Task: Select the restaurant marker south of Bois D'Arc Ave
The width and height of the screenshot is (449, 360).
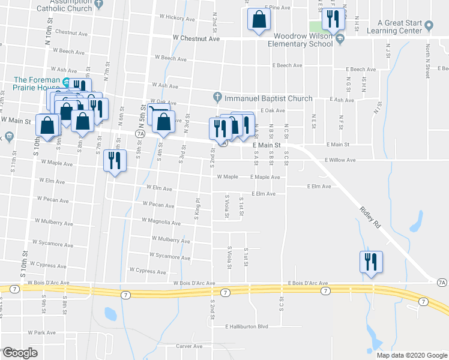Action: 369,262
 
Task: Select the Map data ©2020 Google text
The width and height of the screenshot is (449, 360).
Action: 412,355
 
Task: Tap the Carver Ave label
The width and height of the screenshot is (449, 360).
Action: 189,346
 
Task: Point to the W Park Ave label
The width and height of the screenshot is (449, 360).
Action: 41,332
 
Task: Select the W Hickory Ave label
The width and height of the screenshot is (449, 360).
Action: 176,19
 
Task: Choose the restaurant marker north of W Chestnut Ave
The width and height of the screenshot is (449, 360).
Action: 332,19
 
